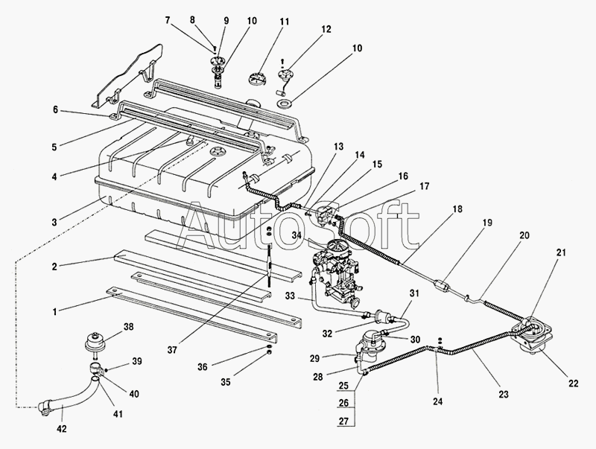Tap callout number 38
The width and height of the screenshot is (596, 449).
coord(128,327)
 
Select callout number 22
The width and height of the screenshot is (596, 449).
coord(573,383)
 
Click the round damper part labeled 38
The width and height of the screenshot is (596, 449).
coord(95,336)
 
